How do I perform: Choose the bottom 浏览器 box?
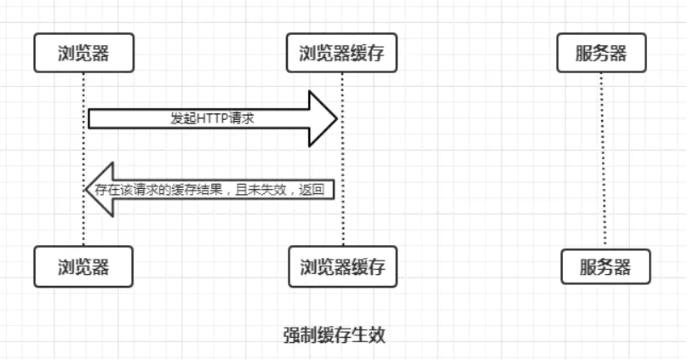83,266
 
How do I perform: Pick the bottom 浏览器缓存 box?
342,266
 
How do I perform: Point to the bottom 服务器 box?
605,266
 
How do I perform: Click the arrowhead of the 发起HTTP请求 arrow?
324,119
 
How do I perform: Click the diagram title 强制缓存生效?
335,334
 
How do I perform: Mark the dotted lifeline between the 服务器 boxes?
602,162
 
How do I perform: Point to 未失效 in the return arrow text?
269,190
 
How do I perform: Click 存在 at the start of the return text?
104,190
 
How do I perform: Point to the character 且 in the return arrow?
244,190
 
